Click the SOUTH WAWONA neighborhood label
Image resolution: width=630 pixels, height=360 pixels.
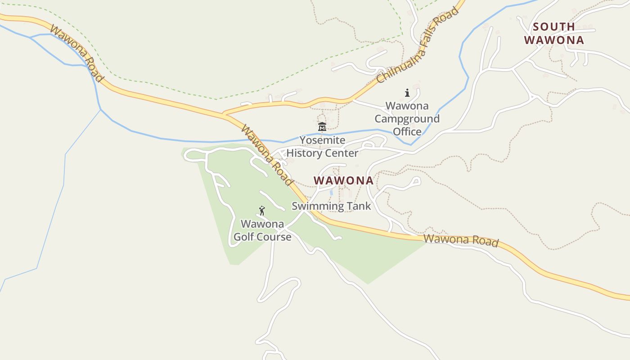(554, 33)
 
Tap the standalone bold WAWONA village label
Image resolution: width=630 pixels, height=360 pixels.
(343, 180)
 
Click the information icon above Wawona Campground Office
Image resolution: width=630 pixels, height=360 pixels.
(407, 93)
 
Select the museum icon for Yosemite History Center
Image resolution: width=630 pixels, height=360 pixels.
(322, 127)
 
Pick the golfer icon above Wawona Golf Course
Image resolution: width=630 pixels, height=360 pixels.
(262, 210)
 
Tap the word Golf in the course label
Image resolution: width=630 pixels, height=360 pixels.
(243, 237)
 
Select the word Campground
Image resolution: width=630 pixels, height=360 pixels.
(407, 119)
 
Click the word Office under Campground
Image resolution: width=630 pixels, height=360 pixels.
(407, 131)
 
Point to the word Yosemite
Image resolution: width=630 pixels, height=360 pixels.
(322, 140)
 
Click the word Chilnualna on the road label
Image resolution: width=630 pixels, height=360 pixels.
(397, 65)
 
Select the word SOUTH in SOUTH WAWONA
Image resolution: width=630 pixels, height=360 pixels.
(554, 27)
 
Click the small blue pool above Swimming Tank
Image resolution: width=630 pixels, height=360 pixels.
(331, 192)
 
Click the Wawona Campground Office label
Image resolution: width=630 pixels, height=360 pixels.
(407, 119)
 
